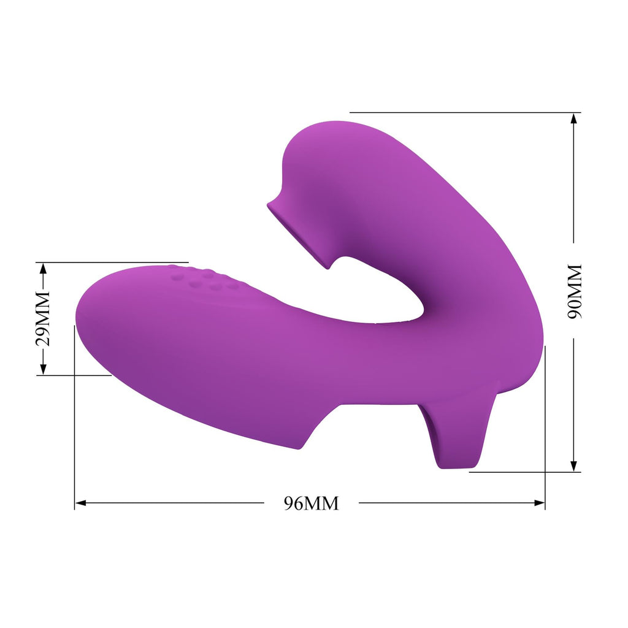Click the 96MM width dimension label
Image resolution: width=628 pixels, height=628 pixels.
[x=311, y=503]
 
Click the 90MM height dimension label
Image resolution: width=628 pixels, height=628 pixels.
[x=574, y=291]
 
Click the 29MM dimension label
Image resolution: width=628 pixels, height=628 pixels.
[x=43, y=319]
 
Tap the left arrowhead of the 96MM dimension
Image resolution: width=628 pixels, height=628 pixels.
[x=80, y=503]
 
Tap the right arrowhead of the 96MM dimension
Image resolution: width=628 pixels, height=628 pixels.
[x=539, y=503]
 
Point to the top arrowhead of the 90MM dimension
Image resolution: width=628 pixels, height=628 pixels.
[x=574, y=120]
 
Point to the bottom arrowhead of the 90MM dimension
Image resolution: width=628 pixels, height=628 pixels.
[x=574, y=466]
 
